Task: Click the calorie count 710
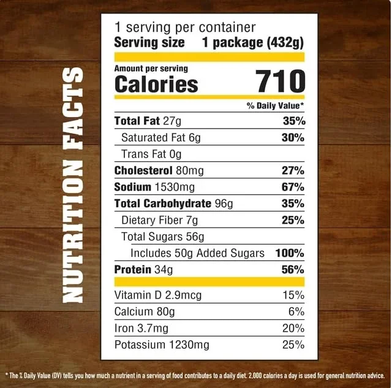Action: (281, 82)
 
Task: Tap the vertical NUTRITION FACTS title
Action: (73, 186)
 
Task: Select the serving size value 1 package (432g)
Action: (254, 43)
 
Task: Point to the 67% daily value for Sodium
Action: (293, 186)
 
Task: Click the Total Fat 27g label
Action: (144, 121)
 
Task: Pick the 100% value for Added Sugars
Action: (290, 253)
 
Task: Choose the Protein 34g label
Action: (144, 269)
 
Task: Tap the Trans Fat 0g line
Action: (151, 154)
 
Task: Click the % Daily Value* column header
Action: (276, 106)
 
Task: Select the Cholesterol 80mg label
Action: (159, 170)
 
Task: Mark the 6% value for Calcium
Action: (296, 311)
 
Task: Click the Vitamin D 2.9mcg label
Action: (157, 295)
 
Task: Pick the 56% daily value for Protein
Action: (293, 269)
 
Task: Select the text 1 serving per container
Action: (184, 28)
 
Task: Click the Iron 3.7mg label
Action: (141, 328)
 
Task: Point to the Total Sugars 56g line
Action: (162, 236)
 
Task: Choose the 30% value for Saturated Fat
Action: (293, 137)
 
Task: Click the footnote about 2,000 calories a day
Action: (196, 375)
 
